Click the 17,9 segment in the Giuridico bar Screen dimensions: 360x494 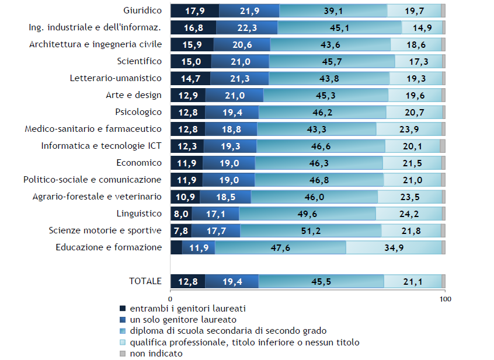[194, 11]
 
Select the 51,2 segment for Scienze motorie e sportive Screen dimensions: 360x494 [311, 230]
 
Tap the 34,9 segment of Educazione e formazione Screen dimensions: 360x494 [394, 247]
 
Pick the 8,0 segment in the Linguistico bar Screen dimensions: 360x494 [181, 214]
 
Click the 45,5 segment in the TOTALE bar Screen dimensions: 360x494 [321, 281]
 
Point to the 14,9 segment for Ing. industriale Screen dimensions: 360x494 [422, 27]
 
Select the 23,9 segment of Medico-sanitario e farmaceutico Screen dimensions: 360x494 [409, 129]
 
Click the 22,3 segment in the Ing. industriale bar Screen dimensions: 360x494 [246, 27]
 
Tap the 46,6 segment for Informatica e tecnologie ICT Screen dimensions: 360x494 [321, 146]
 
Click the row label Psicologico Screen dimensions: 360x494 [138, 112]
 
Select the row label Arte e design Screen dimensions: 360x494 [134, 95]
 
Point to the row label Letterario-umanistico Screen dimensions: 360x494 [116, 78]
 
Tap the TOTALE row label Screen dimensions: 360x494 [145, 281]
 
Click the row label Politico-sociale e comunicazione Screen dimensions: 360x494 [92, 180]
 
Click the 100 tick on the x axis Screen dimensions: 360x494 [445, 299]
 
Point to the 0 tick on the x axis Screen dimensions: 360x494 [171, 299]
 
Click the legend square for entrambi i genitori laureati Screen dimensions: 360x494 [123, 309]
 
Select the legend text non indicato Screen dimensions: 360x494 [156, 353]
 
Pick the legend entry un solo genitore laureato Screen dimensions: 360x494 [183, 320]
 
